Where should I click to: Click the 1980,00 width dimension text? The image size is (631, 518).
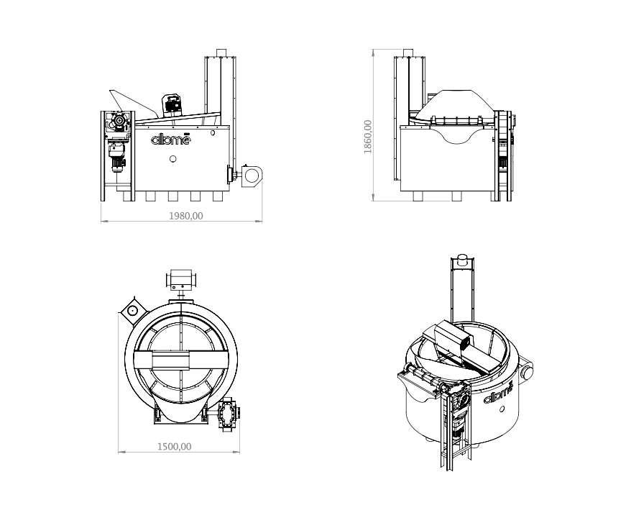coord(185,215)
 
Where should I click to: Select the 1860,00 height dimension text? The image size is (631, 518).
coord(368,137)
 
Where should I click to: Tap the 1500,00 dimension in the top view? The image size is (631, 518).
coord(175,446)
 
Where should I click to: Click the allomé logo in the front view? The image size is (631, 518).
coord(171,140)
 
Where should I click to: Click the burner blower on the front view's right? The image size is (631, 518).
coord(252,174)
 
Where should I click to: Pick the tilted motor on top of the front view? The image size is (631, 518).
coord(172,104)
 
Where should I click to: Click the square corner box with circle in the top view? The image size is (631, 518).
coord(132,310)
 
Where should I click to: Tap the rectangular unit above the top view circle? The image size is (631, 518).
coord(182,278)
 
